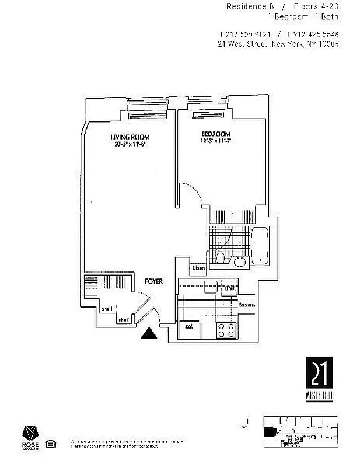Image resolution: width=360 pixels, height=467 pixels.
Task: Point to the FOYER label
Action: (153, 282)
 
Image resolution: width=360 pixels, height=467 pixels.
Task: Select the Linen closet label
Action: (198, 268)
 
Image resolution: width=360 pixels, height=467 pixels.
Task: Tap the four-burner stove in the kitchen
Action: (226, 330)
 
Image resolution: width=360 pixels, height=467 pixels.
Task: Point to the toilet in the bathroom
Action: (220, 257)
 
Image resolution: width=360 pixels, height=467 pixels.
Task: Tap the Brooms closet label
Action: (246, 304)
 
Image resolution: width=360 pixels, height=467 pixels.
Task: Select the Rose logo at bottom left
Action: (30, 435)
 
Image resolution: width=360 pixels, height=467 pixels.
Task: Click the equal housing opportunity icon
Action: (51, 444)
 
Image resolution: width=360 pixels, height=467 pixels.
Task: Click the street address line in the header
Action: (278, 43)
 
